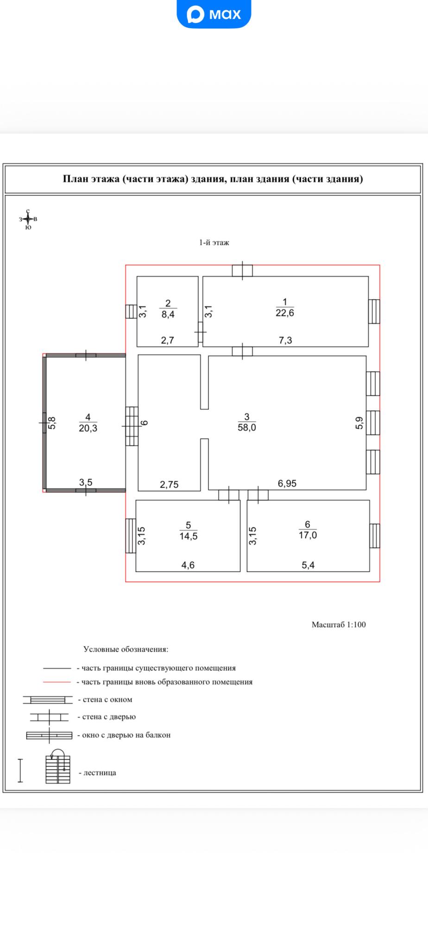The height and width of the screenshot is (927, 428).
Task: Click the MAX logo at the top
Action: (214, 14)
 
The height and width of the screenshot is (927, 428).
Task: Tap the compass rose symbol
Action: (28, 218)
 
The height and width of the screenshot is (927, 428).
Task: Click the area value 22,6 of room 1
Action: (285, 313)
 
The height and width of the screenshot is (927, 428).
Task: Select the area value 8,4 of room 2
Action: (168, 314)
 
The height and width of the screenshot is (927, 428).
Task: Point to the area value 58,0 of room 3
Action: (246, 427)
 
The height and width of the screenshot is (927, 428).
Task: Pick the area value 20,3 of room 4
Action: (88, 428)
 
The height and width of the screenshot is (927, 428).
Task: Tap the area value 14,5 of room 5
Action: (188, 536)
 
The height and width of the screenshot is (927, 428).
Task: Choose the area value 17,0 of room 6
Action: (308, 535)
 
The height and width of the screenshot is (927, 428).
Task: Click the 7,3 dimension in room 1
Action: (285, 341)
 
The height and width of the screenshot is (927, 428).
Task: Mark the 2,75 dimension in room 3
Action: (169, 485)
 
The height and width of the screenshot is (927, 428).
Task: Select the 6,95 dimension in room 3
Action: (287, 484)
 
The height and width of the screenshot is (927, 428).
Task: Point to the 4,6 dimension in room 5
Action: (188, 565)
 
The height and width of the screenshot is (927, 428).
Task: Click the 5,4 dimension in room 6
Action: (308, 565)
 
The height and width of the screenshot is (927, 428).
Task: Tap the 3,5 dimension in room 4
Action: (86, 483)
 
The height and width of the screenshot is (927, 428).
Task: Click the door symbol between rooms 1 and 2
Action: (201, 332)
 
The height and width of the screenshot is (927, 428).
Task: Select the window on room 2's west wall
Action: (131, 311)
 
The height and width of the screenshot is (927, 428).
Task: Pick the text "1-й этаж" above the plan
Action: (214, 242)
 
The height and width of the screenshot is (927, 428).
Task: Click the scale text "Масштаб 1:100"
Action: (339, 624)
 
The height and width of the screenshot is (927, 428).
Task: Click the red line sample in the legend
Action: (57, 682)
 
